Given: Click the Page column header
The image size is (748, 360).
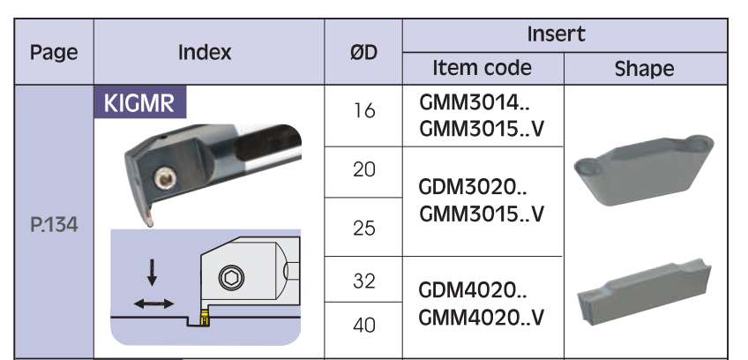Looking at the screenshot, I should coord(54,52).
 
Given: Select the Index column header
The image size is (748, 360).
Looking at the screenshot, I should coord(205,52).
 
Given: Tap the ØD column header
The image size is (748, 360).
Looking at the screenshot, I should coord(363,52).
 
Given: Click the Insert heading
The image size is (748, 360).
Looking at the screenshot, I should coord(556,35).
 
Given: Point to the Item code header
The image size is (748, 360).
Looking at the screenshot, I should coord(482,68).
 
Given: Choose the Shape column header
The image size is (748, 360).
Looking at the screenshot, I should coord(644,69).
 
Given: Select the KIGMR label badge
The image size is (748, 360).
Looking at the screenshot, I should coord(139,103).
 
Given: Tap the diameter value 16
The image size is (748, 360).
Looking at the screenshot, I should coord(363,111).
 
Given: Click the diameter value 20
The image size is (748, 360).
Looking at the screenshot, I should coord(363,170).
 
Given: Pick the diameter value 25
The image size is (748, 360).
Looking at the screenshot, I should coord(363,228).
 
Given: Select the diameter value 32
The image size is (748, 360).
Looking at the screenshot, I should coord(363,281).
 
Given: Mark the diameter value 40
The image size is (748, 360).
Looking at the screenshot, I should coord(363,326).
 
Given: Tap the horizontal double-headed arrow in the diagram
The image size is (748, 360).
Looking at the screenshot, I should coord(153,304).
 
